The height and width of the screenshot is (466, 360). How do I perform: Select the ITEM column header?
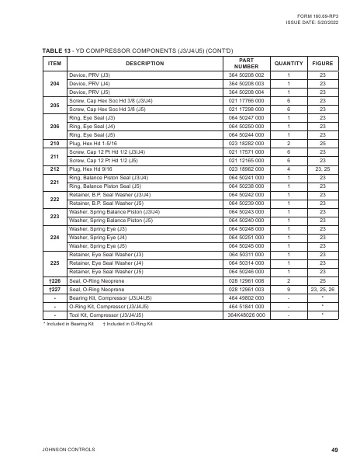(54, 63)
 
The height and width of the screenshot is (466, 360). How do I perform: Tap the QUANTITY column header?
(289, 63)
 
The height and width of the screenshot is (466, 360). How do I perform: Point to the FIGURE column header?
(322, 63)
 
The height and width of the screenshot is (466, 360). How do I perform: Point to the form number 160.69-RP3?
(318, 16)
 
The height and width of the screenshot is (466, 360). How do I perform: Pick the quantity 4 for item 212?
(289, 169)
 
